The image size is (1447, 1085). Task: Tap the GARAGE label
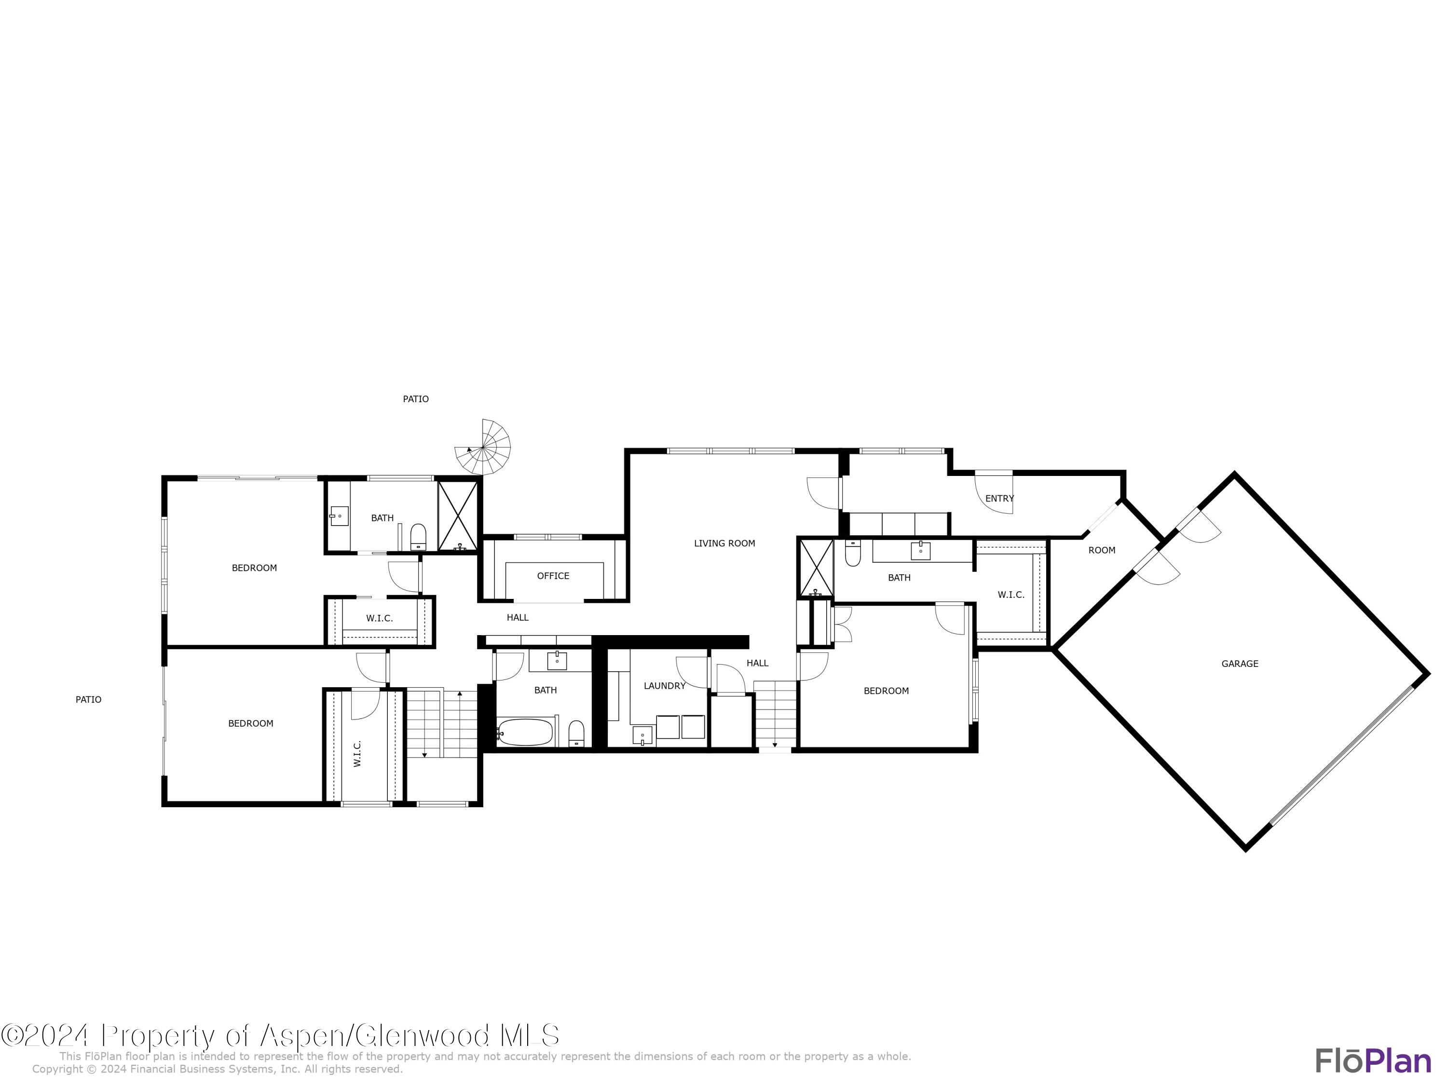[x=1240, y=664]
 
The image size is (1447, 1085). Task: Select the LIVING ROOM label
[x=724, y=543]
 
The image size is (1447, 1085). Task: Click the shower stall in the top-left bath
[x=458, y=516]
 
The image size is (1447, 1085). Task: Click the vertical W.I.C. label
[x=357, y=753]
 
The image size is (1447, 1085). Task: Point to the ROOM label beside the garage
[x=1102, y=551]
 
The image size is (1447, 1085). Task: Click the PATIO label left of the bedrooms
[x=88, y=700]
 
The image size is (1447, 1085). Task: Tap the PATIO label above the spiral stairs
[x=415, y=399]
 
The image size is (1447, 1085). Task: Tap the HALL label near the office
[x=518, y=617]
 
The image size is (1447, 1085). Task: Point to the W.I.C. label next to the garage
[x=1010, y=595]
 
